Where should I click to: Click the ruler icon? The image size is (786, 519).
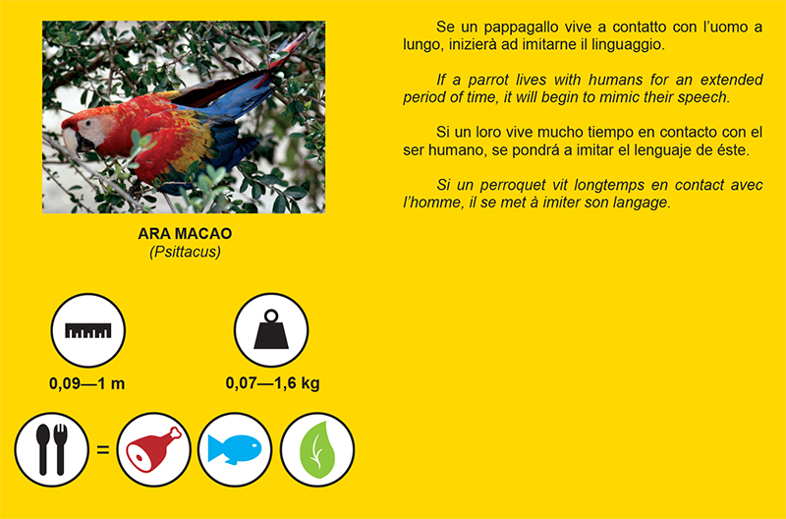tap(87, 330)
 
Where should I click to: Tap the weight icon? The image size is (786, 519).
tap(271, 330)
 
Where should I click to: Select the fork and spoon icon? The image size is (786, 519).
tap(52, 449)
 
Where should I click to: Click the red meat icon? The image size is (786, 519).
tap(154, 449)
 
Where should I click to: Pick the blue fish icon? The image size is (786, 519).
tap(235, 449)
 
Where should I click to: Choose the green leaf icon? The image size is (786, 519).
tap(316, 449)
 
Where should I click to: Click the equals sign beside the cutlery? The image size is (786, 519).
tap(103, 449)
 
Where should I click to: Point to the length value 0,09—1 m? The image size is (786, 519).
tap(86, 383)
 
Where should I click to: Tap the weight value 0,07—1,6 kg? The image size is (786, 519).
tap(273, 383)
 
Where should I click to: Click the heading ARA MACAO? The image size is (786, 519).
tap(185, 234)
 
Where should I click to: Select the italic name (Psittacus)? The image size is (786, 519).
tap(185, 252)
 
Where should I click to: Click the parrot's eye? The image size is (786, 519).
tap(88, 123)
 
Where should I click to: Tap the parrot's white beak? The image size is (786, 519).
tap(70, 141)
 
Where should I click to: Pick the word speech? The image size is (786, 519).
tap(702, 98)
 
